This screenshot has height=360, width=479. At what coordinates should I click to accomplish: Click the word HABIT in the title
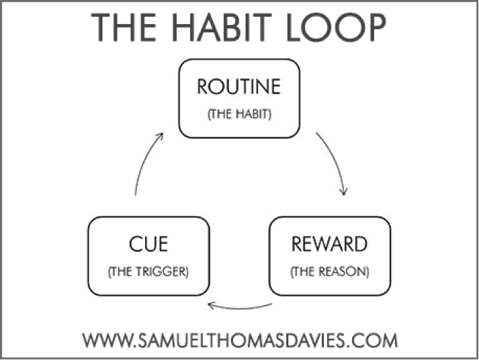click(222, 28)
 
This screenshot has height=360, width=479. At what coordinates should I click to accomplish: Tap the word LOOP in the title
click(337, 28)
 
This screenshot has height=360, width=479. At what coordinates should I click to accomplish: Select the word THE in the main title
click(124, 28)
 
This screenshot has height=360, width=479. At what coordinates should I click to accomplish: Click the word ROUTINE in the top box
click(239, 87)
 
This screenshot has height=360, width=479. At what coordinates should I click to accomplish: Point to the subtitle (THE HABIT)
click(239, 114)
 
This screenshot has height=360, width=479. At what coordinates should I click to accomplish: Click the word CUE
click(148, 244)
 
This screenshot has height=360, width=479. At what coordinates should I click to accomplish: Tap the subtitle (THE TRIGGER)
click(148, 272)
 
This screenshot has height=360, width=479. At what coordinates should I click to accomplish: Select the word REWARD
click(329, 244)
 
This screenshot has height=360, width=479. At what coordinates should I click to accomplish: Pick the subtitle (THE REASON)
click(330, 272)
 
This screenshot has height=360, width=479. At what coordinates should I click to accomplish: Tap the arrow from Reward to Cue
click(239, 308)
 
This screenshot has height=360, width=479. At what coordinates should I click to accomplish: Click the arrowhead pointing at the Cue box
click(211, 305)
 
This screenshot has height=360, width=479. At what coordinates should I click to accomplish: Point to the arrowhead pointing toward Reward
click(344, 192)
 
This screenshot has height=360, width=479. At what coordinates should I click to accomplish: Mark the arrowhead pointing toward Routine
click(160, 136)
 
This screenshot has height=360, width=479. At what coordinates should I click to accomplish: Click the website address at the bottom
click(240, 340)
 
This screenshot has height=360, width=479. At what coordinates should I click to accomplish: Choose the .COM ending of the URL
click(373, 340)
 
